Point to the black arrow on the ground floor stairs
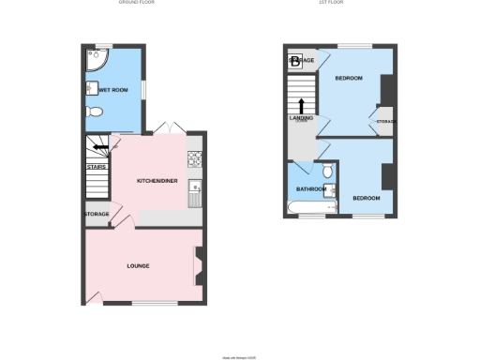tap(99, 146)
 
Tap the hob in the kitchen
tap(195, 158)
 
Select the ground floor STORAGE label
tap(97, 214)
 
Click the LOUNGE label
tap(139, 266)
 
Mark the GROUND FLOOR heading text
tap(137, 4)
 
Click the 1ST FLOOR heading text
tap(329, 4)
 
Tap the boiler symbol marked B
tap(295, 62)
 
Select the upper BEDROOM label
tap(348, 78)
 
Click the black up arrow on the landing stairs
tap(302, 106)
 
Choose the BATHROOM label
tap(310, 189)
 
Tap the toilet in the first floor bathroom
tap(326, 173)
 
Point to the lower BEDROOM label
tap(366, 198)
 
